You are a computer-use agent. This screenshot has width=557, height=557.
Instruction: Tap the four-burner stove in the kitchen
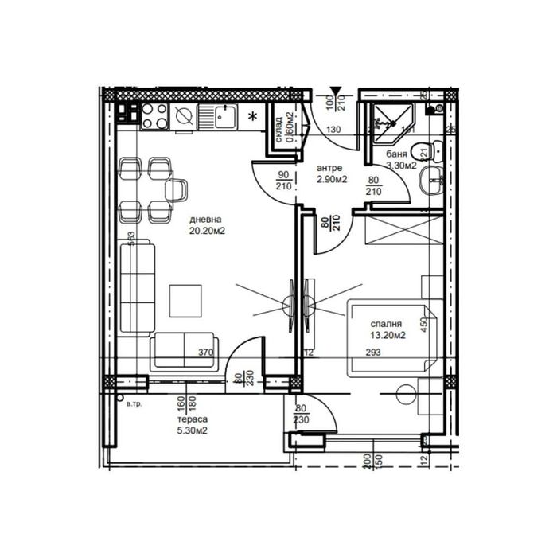click(152, 116)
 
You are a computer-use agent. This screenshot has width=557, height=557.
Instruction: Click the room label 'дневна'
click(205, 220)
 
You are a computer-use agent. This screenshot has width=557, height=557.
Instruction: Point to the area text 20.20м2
click(205, 232)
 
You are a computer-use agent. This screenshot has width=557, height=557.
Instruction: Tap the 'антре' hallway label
click(329, 168)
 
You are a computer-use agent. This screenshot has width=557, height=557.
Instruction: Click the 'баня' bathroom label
click(397, 154)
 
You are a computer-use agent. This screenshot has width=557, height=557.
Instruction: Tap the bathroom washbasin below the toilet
click(434, 179)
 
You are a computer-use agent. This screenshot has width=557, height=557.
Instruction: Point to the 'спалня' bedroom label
click(385, 324)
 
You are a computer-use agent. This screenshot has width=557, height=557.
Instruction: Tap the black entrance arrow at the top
click(337, 92)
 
